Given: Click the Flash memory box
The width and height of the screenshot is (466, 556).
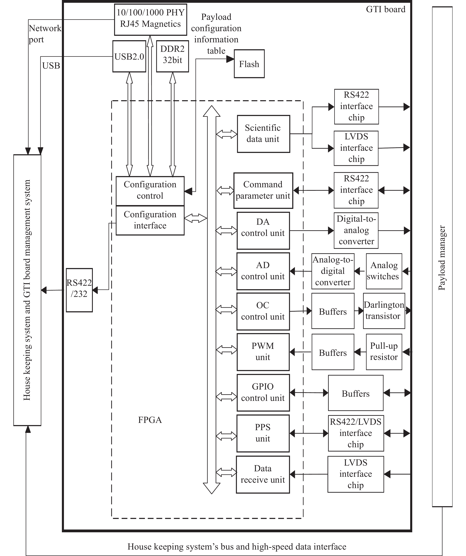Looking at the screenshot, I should pyautogui.click(x=249, y=64).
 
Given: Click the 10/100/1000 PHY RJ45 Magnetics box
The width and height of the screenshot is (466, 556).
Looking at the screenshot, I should pyautogui.click(x=150, y=20).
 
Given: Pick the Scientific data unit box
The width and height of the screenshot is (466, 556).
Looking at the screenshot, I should pyautogui.click(x=263, y=134).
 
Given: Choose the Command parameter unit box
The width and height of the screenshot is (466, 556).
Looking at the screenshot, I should pyautogui.click(x=263, y=190).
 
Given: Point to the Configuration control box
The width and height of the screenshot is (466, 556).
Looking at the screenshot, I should pyautogui.click(x=150, y=191).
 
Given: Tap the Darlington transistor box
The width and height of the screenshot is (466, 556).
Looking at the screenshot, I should pyautogui.click(x=384, y=311).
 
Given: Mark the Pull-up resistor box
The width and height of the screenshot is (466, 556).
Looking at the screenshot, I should pyautogui.click(x=384, y=352).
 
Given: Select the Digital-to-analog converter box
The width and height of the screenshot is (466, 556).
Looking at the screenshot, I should pyautogui.click(x=356, y=230).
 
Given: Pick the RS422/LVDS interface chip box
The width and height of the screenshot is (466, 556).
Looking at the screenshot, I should pyautogui.click(x=356, y=433).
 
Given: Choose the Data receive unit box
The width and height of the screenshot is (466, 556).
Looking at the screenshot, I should pyautogui.click(x=263, y=474).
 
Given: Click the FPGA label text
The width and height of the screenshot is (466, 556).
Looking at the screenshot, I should pyautogui.click(x=150, y=420).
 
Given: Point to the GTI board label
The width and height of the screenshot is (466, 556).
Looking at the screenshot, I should pyautogui.click(x=385, y=9).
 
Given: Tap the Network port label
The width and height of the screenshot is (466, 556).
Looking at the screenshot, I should pyautogui.click(x=44, y=34).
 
